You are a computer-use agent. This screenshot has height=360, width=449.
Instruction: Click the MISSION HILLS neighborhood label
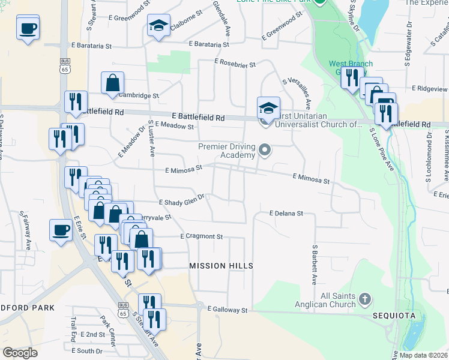(221, 266)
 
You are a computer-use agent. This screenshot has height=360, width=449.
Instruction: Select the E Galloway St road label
(228, 310)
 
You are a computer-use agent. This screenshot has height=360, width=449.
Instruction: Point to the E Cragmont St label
(201, 236)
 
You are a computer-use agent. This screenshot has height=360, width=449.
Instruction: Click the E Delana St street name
(286, 213)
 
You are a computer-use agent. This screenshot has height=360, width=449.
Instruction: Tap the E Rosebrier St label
(235, 63)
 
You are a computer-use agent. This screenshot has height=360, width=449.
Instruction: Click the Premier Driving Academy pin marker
(265, 149)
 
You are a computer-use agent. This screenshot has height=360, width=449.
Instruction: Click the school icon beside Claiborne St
(158, 26)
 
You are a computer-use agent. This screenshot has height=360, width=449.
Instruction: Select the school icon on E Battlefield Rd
(268, 108)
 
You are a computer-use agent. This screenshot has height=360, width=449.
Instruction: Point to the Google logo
(20, 352)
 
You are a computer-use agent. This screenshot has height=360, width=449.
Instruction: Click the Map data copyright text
(424, 355)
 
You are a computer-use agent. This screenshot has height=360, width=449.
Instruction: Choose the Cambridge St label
(139, 95)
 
